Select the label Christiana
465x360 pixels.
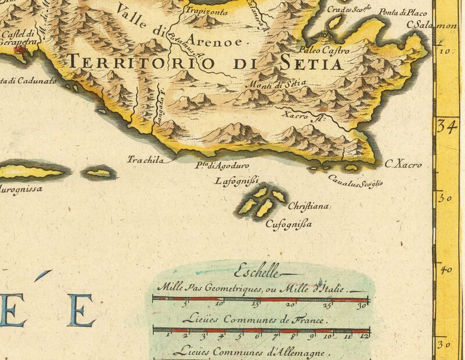pyautogui.click(x=309, y=206)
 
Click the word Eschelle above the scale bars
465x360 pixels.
pyautogui.click(x=256, y=271)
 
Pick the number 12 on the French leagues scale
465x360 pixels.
pyautogui.click(x=364, y=336)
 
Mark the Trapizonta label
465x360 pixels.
pyautogui.click(x=203, y=10)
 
